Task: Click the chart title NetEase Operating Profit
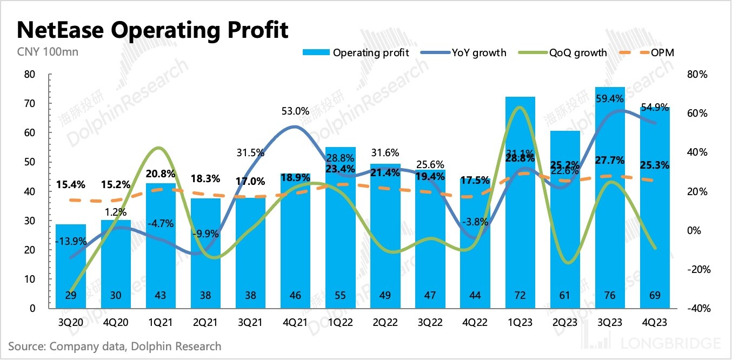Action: tap(152, 30)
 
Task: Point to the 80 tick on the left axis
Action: tap(30, 75)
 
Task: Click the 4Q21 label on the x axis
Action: tap(296, 323)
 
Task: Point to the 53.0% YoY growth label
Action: tap(295, 111)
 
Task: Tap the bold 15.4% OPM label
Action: tap(71, 185)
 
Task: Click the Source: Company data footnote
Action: tap(115, 346)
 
